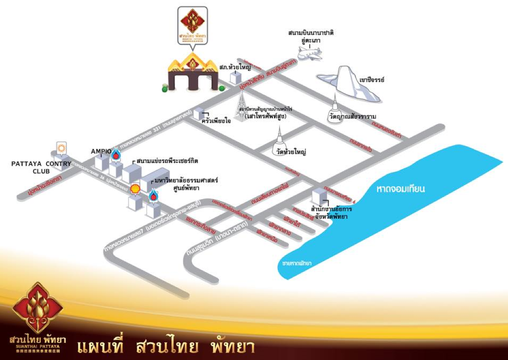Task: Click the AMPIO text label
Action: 101,151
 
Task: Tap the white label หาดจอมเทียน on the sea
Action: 401,188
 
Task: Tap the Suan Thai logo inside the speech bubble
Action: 193,25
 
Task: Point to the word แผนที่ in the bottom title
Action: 100,346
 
